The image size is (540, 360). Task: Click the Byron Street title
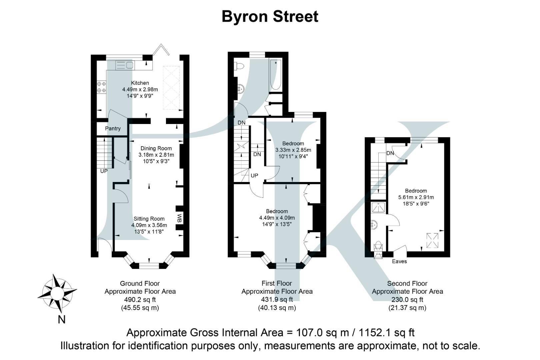[270, 16]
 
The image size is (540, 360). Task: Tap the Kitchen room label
[140, 83]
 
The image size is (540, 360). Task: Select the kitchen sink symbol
[124, 65]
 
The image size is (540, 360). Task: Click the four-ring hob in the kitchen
[101, 87]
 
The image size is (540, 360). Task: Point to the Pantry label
[113, 128]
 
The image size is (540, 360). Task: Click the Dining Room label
[156, 148]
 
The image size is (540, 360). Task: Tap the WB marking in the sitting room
[179, 218]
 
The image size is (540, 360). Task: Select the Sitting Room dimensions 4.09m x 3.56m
[149, 225]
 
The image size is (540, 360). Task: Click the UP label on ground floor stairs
[104, 171]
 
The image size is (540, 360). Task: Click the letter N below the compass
[61, 319]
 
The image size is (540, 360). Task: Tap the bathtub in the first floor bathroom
[275, 75]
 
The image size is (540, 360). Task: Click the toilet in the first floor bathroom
[239, 66]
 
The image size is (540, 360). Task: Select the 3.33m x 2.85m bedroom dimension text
[293, 150]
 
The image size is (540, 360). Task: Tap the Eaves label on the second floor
[399, 261]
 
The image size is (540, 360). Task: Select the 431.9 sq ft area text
[277, 299]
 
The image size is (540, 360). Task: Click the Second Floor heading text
[407, 284]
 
